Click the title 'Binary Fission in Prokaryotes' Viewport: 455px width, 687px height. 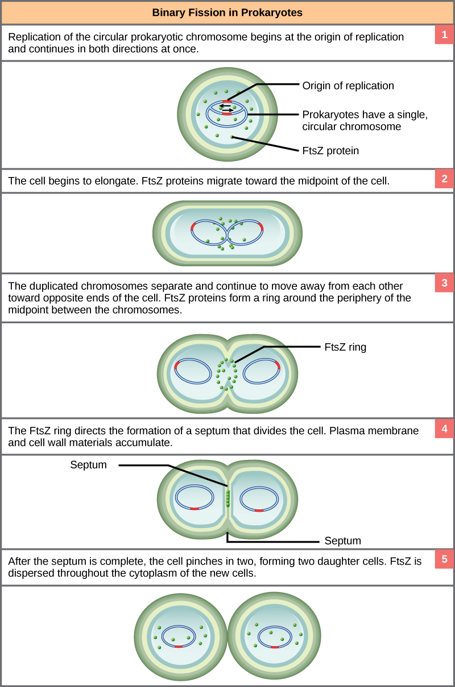pyautogui.click(x=227, y=12)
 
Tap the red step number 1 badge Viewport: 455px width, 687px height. pyautogui.click(x=444, y=35)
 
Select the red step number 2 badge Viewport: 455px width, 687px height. pyautogui.click(x=444, y=179)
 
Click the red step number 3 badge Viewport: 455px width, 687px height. pyautogui.click(x=444, y=283)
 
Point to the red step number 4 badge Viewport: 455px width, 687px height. pyautogui.click(x=444, y=429)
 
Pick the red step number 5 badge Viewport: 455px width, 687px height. pyautogui.click(x=444, y=560)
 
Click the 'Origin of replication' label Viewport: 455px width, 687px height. pyautogui.click(x=348, y=86)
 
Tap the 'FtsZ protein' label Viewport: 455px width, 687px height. pyautogui.click(x=330, y=151)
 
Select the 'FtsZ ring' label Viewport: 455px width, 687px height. pyautogui.click(x=345, y=347)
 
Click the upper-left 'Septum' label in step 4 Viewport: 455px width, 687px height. pyautogui.click(x=88, y=465)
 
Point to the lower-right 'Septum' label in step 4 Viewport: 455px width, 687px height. pyautogui.click(x=342, y=541)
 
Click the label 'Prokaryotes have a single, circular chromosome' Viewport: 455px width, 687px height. pyautogui.click(x=365, y=120)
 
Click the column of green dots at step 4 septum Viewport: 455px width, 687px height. pyautogui.click(x=227, y=497)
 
